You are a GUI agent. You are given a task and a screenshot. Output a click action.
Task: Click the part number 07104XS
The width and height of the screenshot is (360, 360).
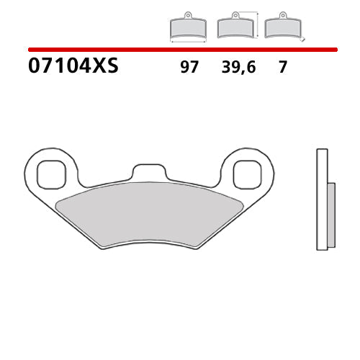73,67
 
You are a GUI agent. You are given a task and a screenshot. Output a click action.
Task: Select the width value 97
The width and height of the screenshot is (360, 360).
189,68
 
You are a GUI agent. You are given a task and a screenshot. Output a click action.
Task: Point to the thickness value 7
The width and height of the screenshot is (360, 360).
282,68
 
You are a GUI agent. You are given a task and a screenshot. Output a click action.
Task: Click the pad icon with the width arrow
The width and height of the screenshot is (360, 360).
187,27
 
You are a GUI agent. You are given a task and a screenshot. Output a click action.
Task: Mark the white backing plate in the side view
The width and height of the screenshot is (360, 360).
322,199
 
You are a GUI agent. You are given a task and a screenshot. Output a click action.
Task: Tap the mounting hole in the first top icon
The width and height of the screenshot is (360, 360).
187,15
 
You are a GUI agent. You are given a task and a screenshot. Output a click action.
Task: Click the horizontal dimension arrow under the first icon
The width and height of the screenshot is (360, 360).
187,42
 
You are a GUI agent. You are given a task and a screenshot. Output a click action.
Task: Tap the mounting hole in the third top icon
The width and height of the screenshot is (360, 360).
282,15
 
